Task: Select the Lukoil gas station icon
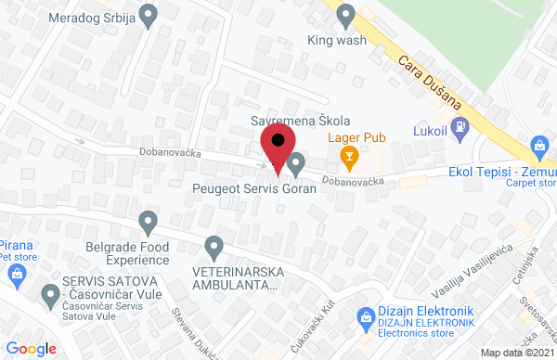pos(458,125)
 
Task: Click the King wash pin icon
pos(346,15)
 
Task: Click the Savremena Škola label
pos(301,122)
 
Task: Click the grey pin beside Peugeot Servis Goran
pos(296,165)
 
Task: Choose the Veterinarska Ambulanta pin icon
pos(214,247)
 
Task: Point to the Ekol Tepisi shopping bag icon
pos(539,145)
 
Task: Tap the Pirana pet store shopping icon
pos(16,273)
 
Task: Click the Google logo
pos(32,348)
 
